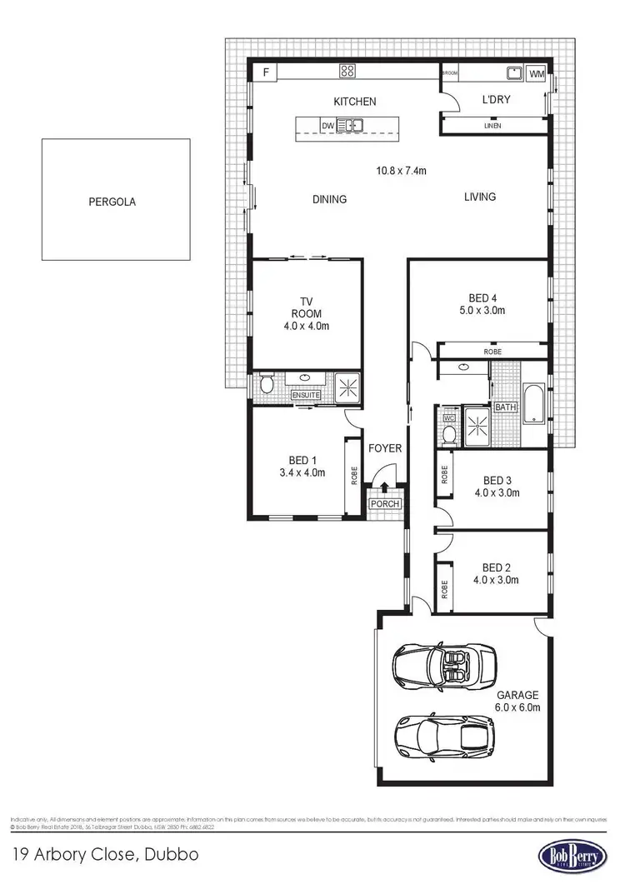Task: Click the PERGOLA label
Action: coord(112,201)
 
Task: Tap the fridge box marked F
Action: coord(266,72)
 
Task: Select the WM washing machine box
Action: coord(537,73)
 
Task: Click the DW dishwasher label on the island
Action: coord(327,127)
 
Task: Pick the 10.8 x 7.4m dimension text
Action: coord(401,171)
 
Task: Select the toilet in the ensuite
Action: coord(266,385)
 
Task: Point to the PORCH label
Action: coord(386,504)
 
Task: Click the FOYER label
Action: coord(385,448)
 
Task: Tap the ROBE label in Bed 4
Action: coord(492,352)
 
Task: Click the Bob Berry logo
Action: coord(571,857)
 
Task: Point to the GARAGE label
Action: coord(517,695)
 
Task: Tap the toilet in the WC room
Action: coord(448,433)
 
